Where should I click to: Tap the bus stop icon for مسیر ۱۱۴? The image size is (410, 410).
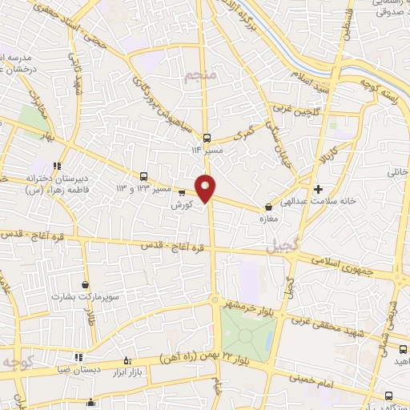(207, 137)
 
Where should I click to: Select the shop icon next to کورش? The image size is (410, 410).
(182, 192)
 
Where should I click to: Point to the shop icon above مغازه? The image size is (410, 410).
(267, 207)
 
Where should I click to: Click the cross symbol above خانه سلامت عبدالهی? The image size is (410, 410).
(319, 190)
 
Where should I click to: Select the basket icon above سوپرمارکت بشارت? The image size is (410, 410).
(86, 284)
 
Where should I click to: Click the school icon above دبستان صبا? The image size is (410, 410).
(78, 357)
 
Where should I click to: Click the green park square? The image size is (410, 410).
(248, 330)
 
